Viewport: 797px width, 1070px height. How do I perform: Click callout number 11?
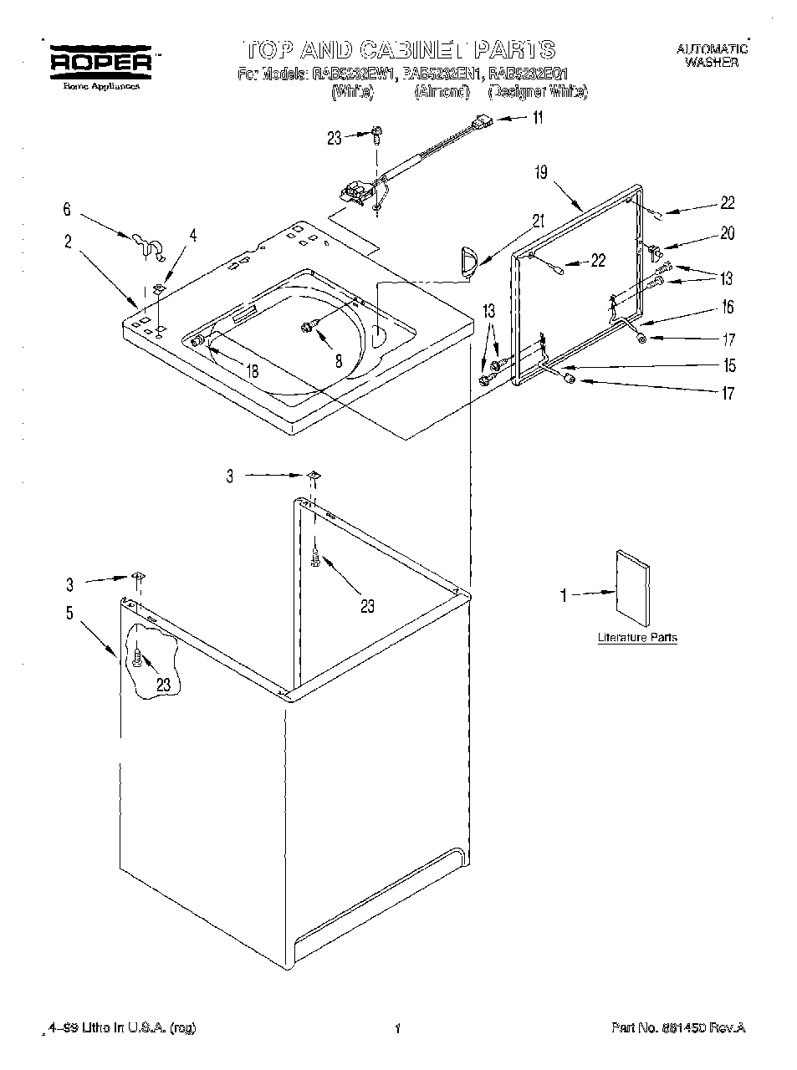click(537, 118)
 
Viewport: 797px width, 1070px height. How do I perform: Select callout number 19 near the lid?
click(541, 173)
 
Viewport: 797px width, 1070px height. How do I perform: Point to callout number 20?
click(728, 233)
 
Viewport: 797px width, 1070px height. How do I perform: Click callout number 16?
click(727, 307)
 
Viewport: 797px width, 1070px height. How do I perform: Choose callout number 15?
click(729, 365)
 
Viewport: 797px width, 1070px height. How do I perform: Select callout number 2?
click(68, 242)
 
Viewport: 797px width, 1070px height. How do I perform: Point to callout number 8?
click(338, 362)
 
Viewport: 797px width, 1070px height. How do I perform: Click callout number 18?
click(253, 370)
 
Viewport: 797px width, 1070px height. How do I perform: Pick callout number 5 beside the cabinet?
click(69, 614)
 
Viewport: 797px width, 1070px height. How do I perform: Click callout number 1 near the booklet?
click(564, 595)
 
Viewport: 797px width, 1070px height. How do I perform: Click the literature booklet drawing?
click(632, 588)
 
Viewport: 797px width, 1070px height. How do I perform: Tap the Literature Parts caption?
click(636, 638)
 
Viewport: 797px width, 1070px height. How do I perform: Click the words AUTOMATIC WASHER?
click(711, 56)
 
